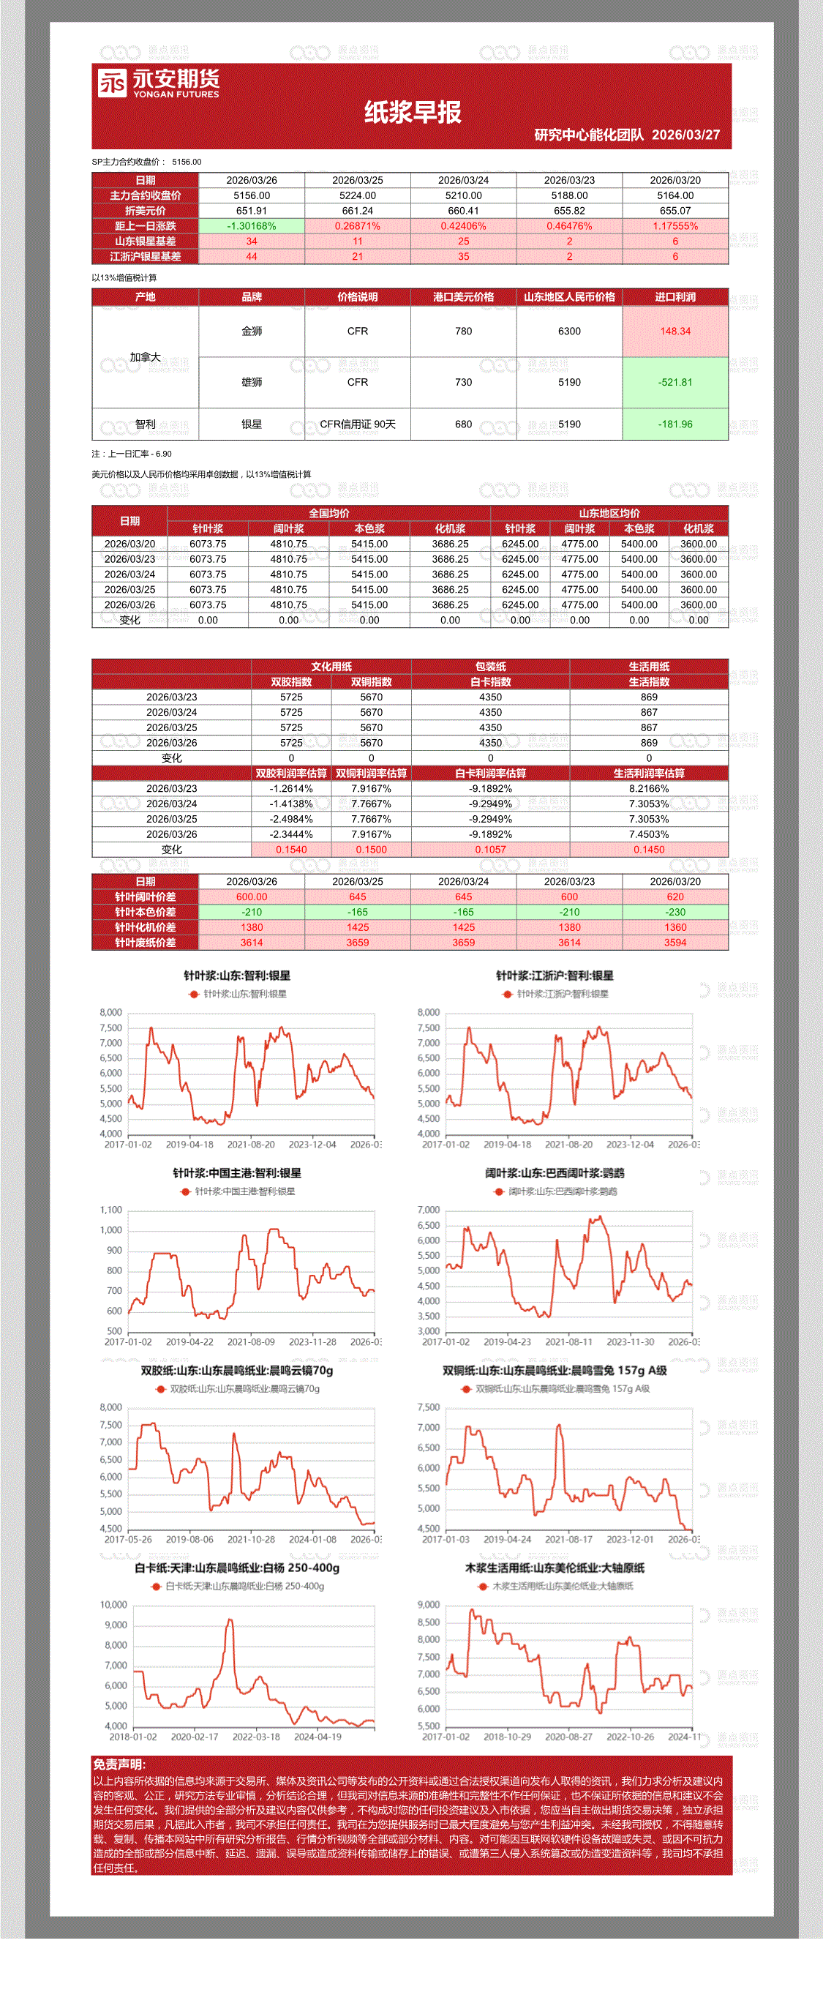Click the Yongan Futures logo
click(x=158, y=83)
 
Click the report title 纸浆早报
click(x=412, y=113)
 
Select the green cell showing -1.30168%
click(x=252, y=226)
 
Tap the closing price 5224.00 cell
click(x=357, y=195)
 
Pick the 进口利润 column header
click(x=674, y=297)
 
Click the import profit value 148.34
click(x=674, y=332)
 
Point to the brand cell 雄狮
click(x=252, y=382)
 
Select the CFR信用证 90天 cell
click(x=357, y=424)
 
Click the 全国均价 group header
click(x=328, y=514)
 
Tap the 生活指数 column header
click(x=649, y=682)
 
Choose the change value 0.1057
click(x=490, y=849)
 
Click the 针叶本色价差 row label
click(x=146, y=913)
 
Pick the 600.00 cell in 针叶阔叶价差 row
click(x=252, y=896)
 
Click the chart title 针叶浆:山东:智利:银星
click(x=237, y=976)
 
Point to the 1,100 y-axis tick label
click(x=111, y=1210)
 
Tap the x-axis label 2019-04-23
click(x=507, y=1341)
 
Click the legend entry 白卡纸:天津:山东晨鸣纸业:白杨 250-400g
click(x=244, y=1587)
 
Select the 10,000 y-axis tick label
click(x=113, y=1605)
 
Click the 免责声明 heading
click(x=119, y=1764)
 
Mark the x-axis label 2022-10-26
click(x=630, y=1737)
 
